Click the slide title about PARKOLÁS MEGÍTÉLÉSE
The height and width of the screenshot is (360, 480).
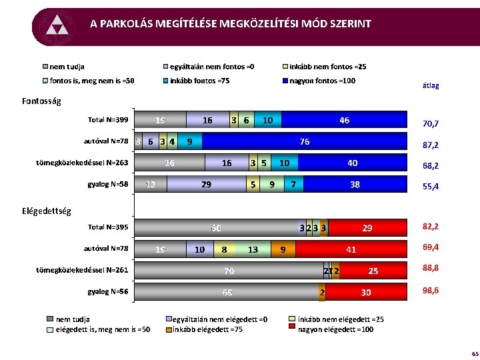231,24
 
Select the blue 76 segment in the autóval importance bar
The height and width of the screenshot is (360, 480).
304,141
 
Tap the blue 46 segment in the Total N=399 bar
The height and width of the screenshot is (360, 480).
343,121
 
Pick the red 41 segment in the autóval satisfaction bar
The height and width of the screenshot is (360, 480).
351,249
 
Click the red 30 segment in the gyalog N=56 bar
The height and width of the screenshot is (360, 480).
366,292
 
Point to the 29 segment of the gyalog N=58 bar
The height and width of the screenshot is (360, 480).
207,183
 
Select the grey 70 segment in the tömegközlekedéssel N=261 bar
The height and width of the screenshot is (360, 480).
229,271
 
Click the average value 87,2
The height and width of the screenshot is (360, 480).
431,145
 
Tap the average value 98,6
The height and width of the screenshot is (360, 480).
431,291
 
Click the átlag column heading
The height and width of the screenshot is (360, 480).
431,86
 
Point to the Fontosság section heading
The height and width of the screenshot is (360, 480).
41,101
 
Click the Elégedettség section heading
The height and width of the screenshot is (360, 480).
46,211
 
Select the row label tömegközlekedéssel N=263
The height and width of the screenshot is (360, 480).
82,162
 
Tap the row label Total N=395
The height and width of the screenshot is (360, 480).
108,227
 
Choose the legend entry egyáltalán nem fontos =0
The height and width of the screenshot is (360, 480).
211,67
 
